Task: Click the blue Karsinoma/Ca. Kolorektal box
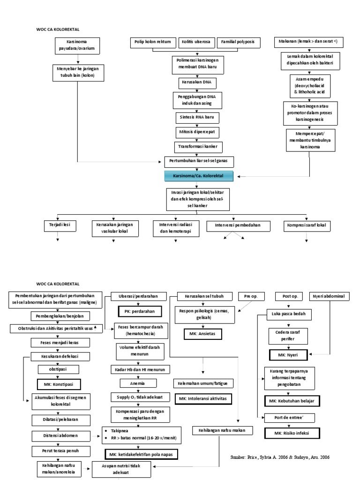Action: pyautogui.click(x=198, y=176)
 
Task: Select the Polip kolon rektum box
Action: pyautogui.click(x=153, y=43)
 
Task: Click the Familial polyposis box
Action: pyautogui.click(x=238, y=43)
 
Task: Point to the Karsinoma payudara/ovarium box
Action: pyautogui.click(x=76, y=45)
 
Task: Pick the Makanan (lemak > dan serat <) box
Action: pyautogui.click(x=309, y=43)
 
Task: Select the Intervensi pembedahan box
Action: pyautogui.click(x=240, y=226)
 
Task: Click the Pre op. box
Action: pyautogui.click(x=252, y=296)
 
